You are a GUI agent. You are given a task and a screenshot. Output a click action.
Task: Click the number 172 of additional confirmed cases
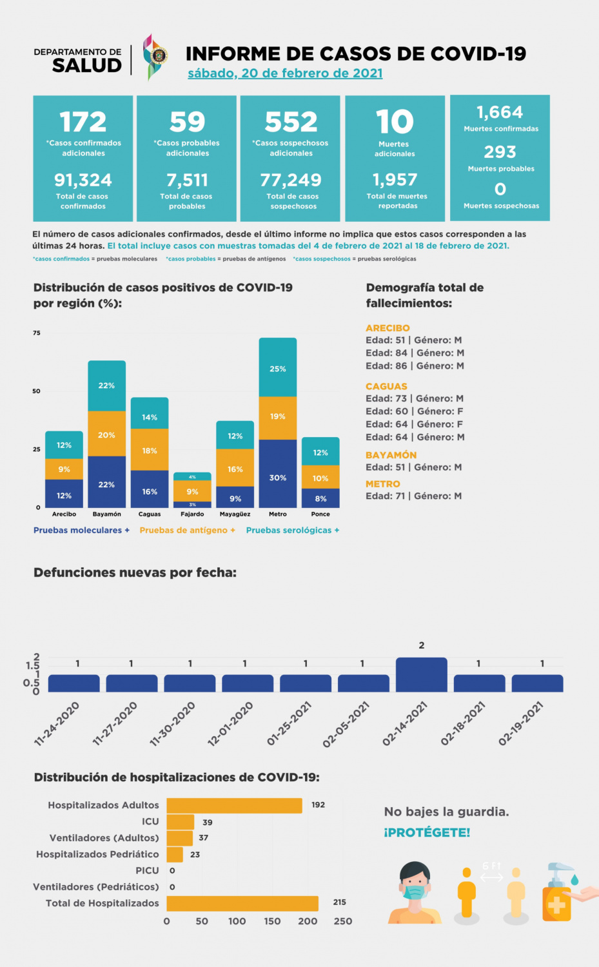[x=83, y=122]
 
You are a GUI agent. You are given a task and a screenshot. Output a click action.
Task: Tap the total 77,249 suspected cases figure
[x=291, y=180]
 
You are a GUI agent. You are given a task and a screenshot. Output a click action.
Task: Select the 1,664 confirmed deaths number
[x=500, y=112]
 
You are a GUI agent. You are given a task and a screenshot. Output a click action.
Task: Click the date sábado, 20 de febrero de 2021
[x=285, y=73]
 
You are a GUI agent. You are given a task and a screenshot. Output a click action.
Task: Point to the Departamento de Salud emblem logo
[x=154, y=57]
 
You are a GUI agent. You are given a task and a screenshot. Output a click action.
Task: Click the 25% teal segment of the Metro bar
[x=278, y=368]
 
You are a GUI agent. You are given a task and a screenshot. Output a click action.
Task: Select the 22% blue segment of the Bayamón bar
[x=107, y=484]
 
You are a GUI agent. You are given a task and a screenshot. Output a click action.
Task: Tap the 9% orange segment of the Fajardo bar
[x=192, y=491]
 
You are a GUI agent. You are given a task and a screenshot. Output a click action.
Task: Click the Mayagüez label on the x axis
[x=235, y=514]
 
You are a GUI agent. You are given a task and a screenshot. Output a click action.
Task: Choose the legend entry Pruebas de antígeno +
[x=187, y=531]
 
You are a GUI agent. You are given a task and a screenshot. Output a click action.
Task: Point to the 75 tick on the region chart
[x=37, y=333]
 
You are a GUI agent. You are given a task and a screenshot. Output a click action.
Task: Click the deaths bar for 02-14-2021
[x=421, y=675]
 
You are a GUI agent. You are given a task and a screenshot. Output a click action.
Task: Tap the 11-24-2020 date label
[x=57, y=723]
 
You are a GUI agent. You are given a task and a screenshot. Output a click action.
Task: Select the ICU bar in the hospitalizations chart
[x=181, y=822]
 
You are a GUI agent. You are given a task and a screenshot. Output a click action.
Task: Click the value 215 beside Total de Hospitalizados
[x=340, y=903]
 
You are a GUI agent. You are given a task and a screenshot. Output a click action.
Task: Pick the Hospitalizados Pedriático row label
[x=97, y=854]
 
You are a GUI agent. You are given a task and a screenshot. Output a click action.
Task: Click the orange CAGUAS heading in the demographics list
[x=386, y=387]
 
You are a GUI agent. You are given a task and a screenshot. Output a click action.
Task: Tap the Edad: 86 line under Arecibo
[x=415, y=366]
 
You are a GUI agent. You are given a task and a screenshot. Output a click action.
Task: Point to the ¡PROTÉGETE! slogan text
[x=427, y=832]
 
